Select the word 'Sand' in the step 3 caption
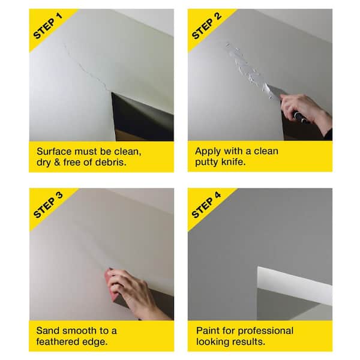pyautogui.click(x=48, y=331)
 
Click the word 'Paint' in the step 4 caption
pyautogui.click(x=208, y=331)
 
